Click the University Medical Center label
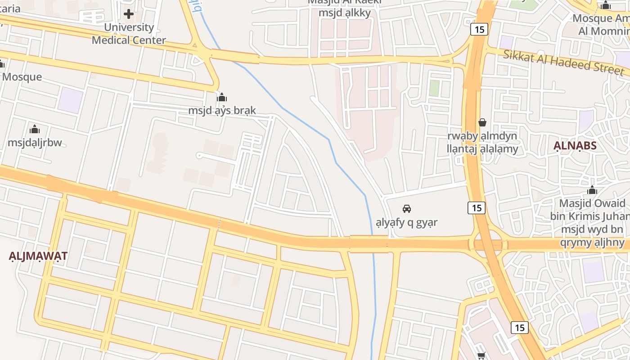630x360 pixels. (129, 34)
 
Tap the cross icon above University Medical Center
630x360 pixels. (129, 14)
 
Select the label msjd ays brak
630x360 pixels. (222, 110)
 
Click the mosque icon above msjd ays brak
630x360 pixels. (222, 97)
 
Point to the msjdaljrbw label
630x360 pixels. (35, 143)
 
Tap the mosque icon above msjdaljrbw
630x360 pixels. (35, 130)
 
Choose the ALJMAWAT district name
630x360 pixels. (38, 256)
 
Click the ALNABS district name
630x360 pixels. (575, 145)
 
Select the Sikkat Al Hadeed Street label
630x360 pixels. (564, 63)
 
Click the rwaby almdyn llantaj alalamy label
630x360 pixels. (482, 142)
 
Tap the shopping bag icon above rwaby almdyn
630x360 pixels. (482, 122)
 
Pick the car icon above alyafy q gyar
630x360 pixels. (407, 209)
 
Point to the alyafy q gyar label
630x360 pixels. (407, 222)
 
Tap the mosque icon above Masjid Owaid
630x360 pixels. (592, 190)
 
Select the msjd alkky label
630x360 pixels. (345, 13)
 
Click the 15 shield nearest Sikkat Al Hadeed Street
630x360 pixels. (479, 30)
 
